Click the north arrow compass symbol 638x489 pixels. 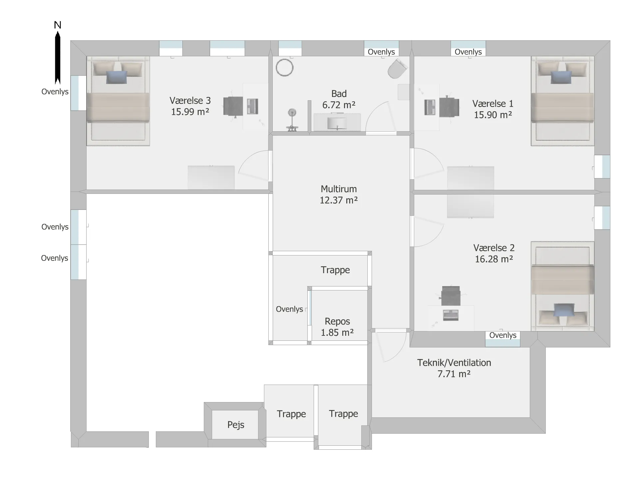coord(58,53)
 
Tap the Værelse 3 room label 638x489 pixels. coord(190,106)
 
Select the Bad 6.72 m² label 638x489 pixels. coord(339,99)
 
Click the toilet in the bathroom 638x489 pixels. coord(397,69)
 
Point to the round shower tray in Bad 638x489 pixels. coord(284,68)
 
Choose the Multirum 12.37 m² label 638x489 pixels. coord(339,195)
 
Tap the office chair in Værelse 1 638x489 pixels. coord(449,107)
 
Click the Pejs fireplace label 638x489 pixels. coord(236,425)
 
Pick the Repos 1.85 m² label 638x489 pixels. coord(337,327)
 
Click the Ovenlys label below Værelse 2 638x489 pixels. coord(503,335)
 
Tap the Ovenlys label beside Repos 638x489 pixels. coord(289,309)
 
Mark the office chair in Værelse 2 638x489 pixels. coord(451,296)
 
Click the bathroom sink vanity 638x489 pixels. coord(337,122)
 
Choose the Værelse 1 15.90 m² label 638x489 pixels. coord(493,109)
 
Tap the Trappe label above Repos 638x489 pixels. coord(335,270)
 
